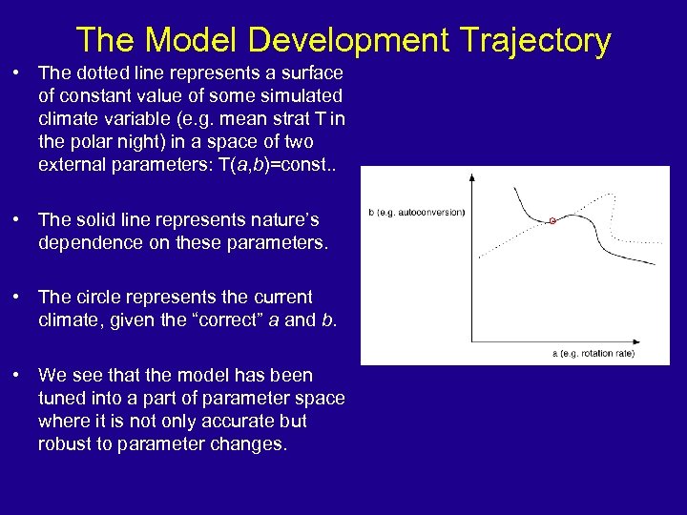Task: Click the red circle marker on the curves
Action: (x=552, y=221)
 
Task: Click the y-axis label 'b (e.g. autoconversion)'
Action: (x=417, y=212)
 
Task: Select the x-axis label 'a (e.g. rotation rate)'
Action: (x=593, y=354)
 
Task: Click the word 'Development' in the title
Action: (x=348, y=40)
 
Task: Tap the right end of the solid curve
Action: (x=656, y=264)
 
